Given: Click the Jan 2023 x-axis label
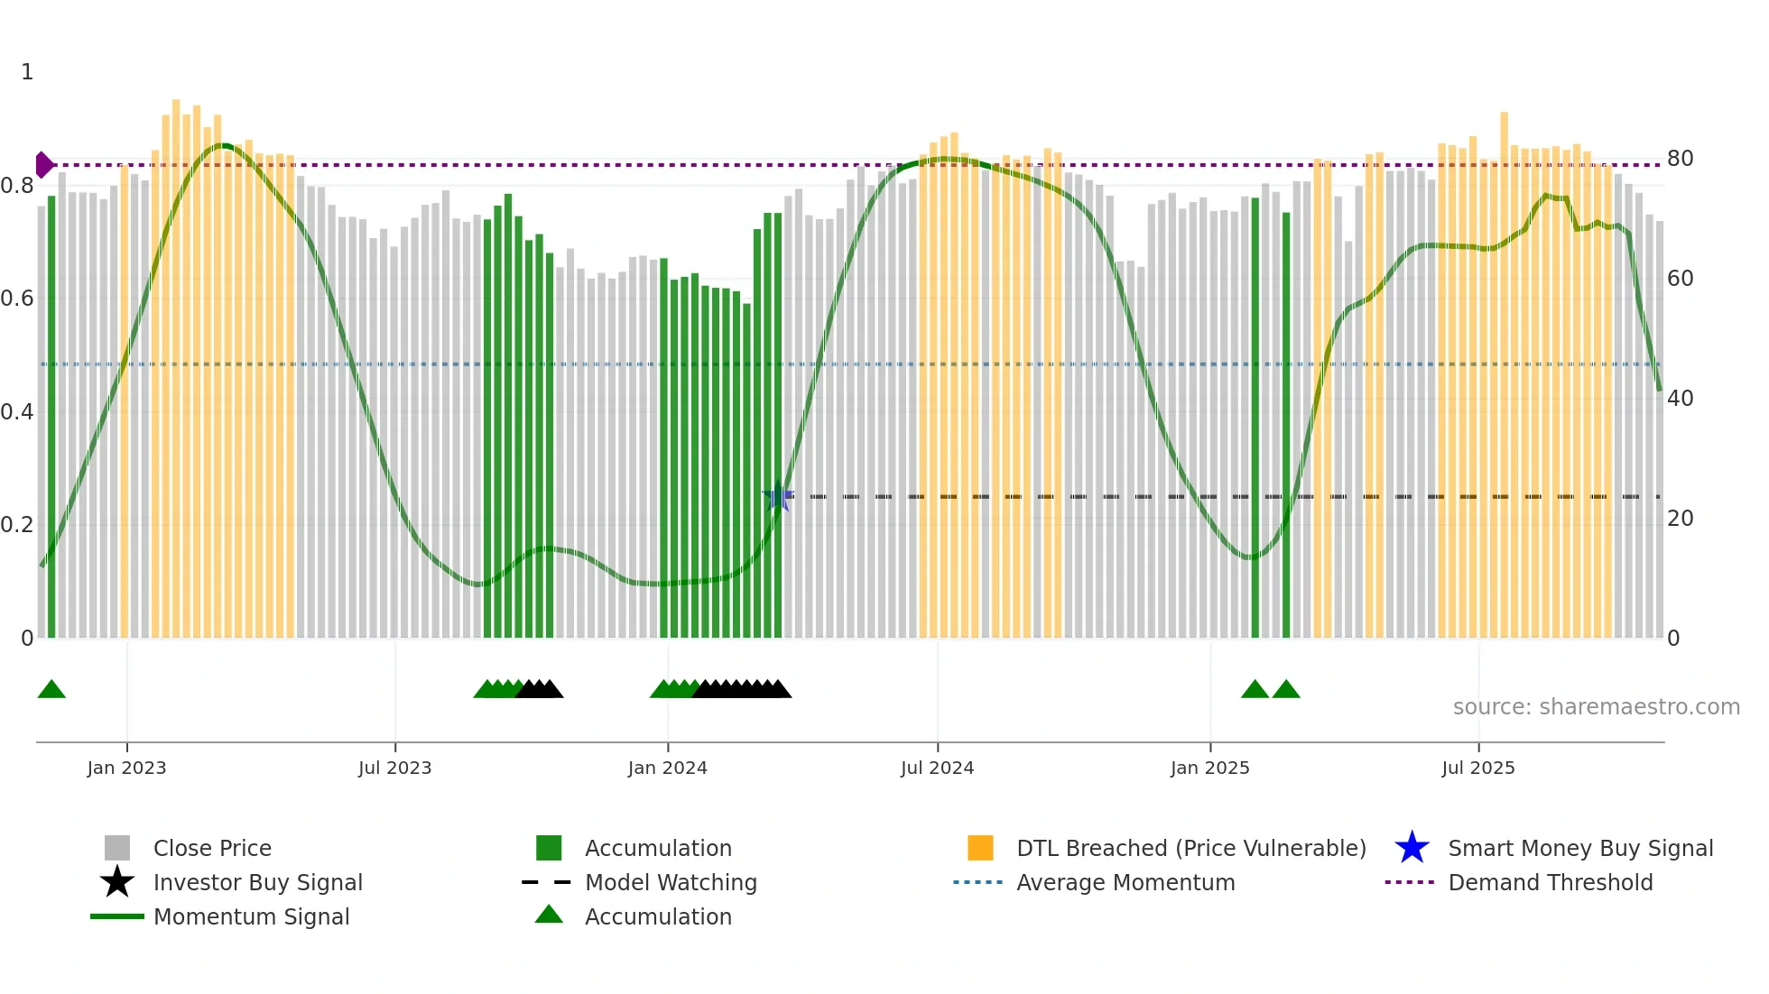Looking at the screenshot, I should [126, 768].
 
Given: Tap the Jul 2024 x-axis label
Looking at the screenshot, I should [937, 768].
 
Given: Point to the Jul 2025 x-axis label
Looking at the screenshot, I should [1477, 768].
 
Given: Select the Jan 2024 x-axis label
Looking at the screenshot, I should [667, 768].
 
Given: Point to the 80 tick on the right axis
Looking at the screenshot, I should [1680, 159].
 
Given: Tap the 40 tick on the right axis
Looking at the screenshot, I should [1680, 399].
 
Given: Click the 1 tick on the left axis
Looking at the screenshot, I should [27, 72].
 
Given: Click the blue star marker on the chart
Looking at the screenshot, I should [777, 497].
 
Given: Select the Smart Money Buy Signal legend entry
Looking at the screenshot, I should [1579, 848].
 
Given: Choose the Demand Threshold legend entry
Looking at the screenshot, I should [1550, 882].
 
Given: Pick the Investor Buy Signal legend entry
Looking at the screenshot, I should [257, 882].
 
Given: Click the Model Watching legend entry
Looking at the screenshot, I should [671, 882].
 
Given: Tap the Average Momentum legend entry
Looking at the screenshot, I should [1125, 882].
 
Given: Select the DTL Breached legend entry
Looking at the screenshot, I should [1190, 848].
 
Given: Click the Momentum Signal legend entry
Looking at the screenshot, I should [251, 916].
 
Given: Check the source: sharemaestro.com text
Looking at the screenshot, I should [1596, 707].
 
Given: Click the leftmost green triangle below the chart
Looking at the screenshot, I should [51, 690].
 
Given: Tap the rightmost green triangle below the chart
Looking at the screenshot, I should [1285, 690].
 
